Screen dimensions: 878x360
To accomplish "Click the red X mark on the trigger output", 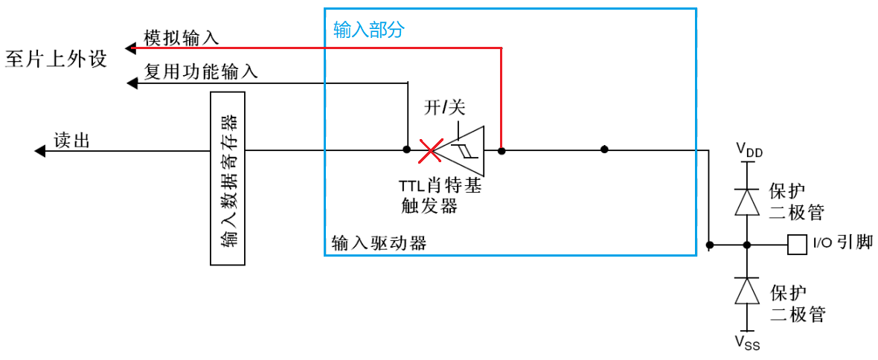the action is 430,150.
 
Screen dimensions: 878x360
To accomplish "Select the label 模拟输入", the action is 181,38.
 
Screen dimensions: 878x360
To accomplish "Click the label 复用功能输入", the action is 201,71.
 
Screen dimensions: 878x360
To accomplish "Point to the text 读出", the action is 71,140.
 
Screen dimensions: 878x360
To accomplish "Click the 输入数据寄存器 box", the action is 228,179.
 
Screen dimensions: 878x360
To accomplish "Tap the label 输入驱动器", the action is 379,242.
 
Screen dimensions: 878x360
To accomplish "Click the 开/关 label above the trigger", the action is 444,108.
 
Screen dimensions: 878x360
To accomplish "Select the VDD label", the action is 749,151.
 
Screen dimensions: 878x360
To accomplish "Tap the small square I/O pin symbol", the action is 796,244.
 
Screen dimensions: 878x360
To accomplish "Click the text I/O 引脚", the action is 842,242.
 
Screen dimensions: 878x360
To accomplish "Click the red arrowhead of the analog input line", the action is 129,48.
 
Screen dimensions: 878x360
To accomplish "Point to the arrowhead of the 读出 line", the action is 39,151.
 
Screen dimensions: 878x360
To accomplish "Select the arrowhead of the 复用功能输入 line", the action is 132,83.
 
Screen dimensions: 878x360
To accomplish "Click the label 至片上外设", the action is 56,58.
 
